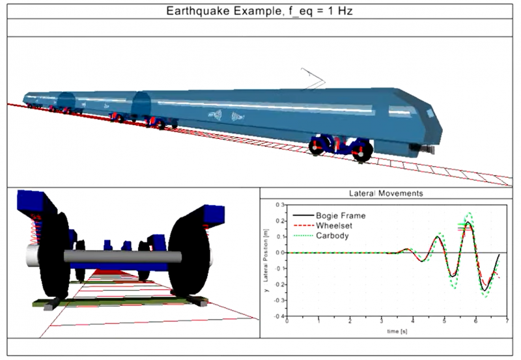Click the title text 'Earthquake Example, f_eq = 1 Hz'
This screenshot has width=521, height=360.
tap(260, 10)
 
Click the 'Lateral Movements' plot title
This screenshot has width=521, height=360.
tap(386, 193)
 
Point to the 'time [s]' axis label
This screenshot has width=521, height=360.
tap(394, 331)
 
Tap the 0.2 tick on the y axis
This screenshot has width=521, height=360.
tap(278, 221)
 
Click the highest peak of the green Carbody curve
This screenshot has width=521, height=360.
tap(468, 213)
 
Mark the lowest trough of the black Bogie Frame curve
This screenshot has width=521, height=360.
tap(484, 290)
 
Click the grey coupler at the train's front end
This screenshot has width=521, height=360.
tap(427, 150)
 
